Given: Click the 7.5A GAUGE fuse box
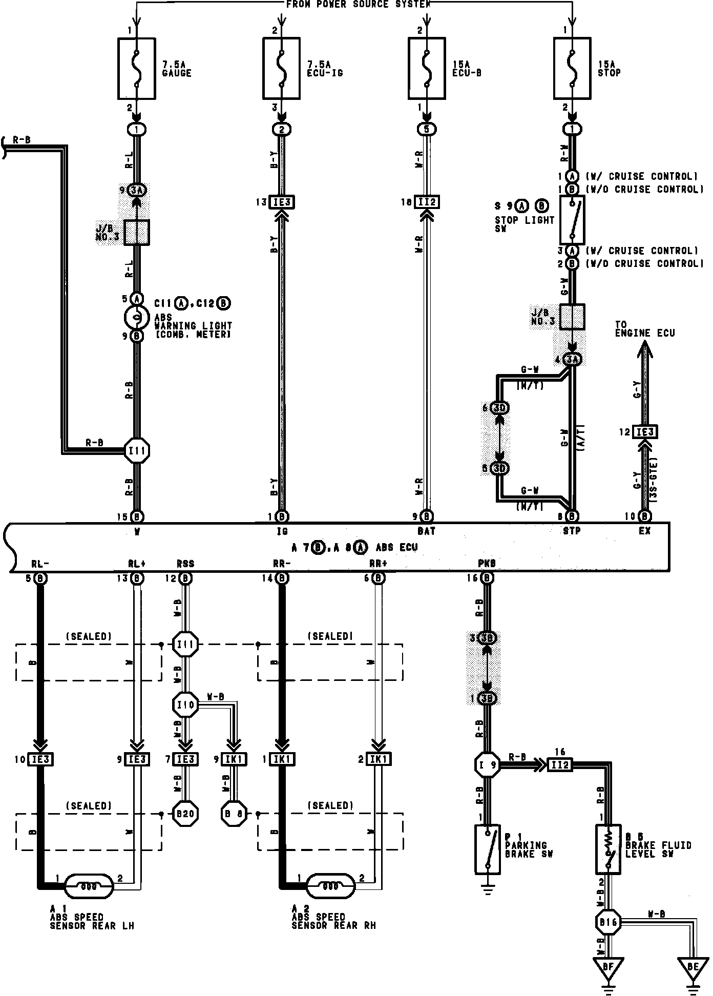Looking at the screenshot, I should pos(137,68).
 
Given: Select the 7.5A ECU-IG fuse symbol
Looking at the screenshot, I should pos(281,68).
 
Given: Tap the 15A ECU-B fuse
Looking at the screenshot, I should pos(427,68).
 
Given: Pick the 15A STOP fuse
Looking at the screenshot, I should pos(572,68).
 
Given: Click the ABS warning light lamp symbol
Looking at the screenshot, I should pos(137,317).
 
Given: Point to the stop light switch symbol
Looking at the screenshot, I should pos(572,219).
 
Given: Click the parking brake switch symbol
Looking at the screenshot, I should pos(488,849).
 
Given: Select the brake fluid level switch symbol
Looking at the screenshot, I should pos(608,849).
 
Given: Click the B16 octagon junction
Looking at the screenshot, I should pos(608,923).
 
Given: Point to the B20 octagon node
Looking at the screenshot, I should pos(185,814).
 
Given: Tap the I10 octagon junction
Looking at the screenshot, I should pos(185,705).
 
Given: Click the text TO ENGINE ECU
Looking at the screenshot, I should pos(644,329).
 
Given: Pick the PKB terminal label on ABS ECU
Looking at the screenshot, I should pos(487,564).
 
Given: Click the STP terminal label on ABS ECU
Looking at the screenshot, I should pos(572,531).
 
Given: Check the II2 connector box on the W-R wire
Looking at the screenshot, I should pos(427,202).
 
